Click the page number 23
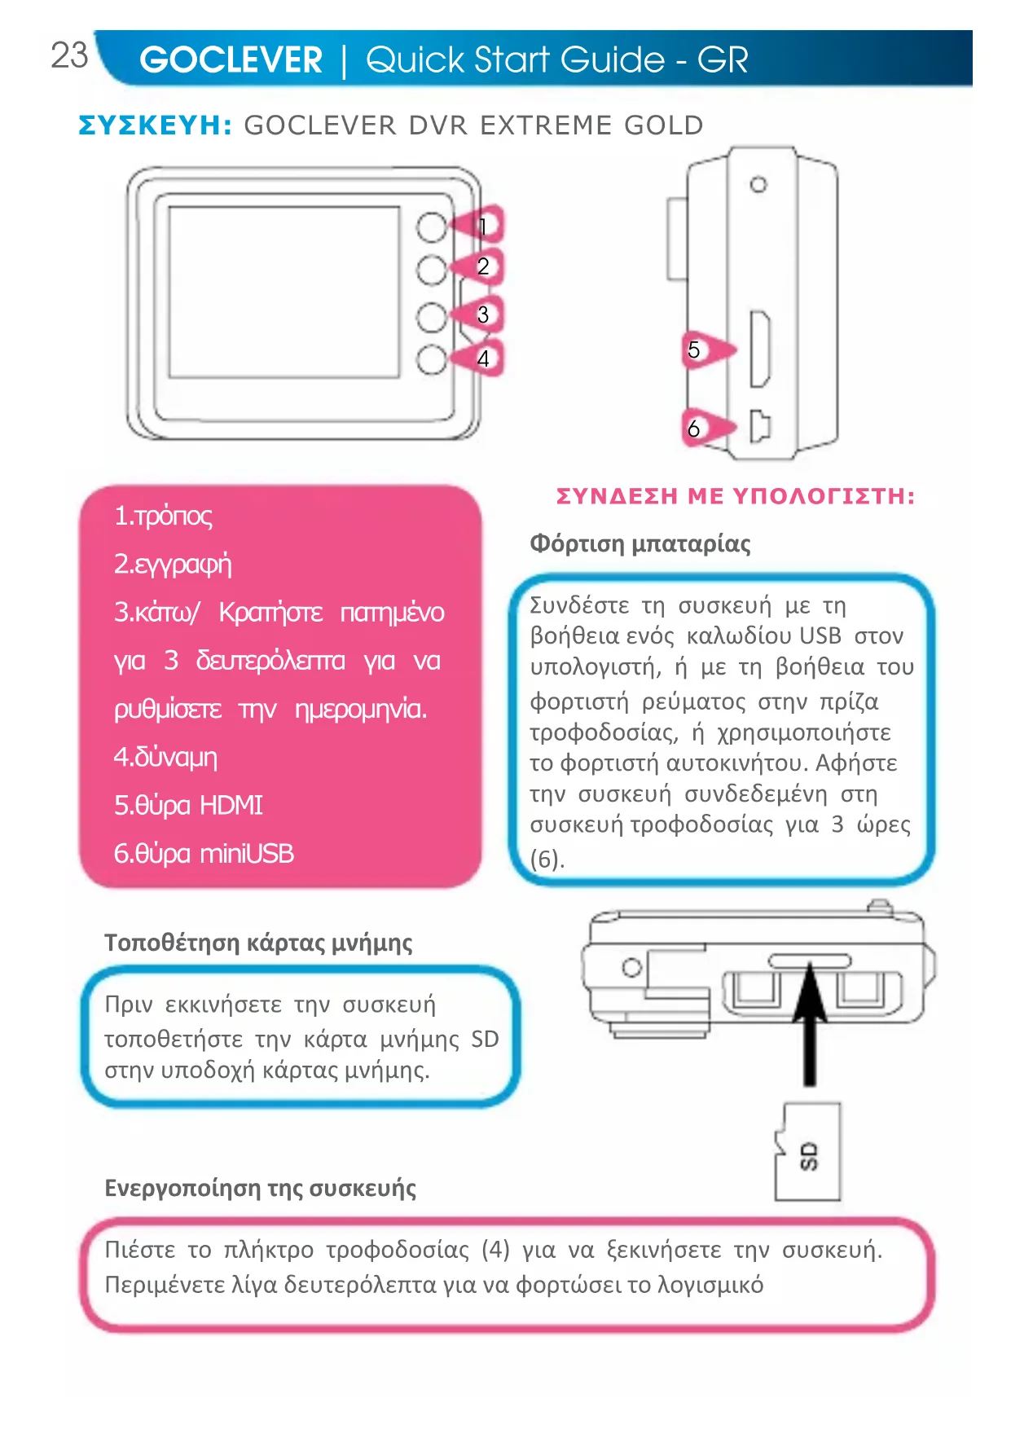pos(69,55)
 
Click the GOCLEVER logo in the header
pos(231,60)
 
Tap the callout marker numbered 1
pos(481,226)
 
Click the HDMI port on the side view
pos(759,349)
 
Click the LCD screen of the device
pos(284,292)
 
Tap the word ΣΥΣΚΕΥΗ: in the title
pos(156,125)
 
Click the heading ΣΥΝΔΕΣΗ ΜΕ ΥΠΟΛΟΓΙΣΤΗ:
pos(735,496)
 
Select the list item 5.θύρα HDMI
pos(188,806)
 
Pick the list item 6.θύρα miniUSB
pos(204,854)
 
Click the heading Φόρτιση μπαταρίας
pos(640,543)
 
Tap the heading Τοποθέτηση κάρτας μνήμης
pos(258,943)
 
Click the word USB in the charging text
pos(820,635)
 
